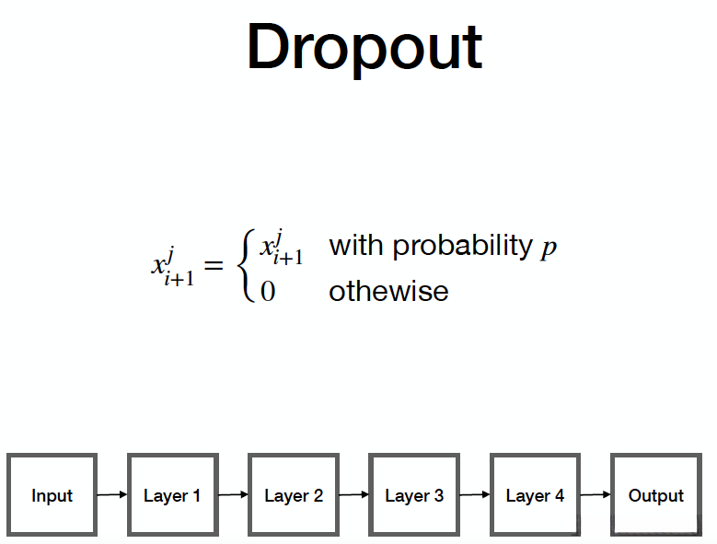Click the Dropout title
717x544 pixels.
[364, 48]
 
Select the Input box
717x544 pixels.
[52, 495]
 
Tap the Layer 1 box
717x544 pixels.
[172, 495]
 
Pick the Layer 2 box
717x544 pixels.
[294, 495]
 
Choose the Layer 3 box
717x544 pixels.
[414, 495]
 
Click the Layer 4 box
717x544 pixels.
[535, 495]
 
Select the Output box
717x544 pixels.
[655, 495]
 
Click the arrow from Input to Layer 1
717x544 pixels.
[111, 495]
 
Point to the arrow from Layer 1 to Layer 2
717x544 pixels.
[233, 495]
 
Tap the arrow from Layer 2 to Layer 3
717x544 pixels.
[353, 495]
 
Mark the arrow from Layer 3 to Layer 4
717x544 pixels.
[474, 495]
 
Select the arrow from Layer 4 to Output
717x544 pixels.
[595, 495]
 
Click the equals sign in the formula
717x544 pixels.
[214, 266]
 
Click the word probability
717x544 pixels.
[462, 247]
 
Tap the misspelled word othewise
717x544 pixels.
[388, 292]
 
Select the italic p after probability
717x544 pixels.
[549, 249]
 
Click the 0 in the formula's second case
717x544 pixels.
[268, 293]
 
